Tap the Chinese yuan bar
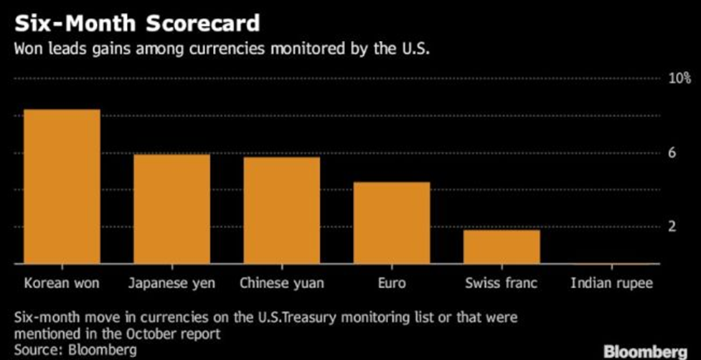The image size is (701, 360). pos(281,210)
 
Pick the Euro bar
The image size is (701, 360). pos(391,223)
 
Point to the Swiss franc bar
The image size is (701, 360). pos(501,247)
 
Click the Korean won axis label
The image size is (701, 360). pos(61,283)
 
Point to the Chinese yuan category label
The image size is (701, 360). pos(281,283)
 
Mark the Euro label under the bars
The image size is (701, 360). pos(391,283)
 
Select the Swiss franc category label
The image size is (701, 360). pos(501,283)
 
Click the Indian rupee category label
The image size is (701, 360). pos(611,283)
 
